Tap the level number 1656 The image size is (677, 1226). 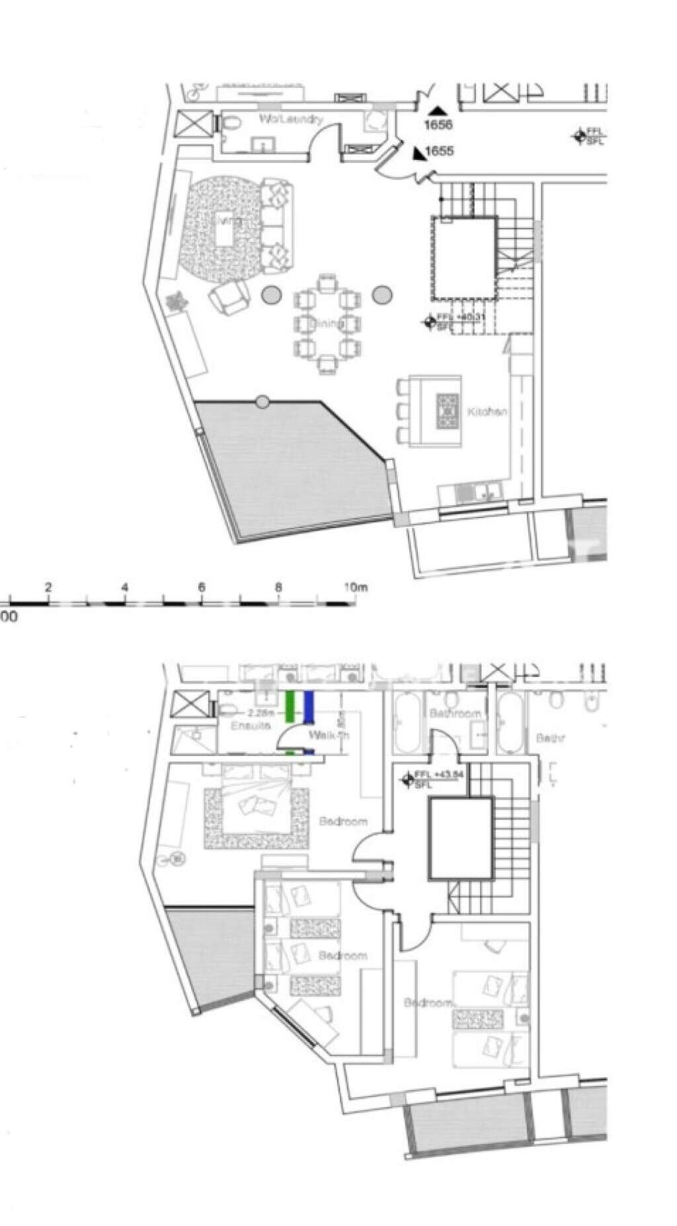pos(439,124)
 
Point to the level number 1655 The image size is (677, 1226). pos(440,151)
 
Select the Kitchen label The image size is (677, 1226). pos(487,412)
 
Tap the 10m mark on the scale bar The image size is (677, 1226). pos(355,587)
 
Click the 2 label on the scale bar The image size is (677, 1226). pos(48,587)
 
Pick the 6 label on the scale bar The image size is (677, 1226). pos(202,587)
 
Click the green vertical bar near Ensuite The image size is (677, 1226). pos(289,706)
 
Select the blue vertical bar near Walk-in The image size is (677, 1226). pos(308,706)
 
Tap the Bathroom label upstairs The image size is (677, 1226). pos(455,713)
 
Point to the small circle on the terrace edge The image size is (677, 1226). pos(262,401)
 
